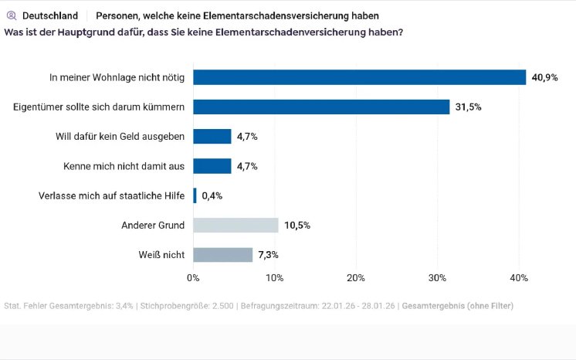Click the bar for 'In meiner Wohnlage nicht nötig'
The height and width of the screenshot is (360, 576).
tap(359, 77)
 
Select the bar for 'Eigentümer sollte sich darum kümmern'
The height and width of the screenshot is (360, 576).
tap(321, 107)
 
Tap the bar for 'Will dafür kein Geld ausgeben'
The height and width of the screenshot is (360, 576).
tap(212, 136)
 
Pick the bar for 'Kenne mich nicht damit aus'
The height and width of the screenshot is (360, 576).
tap(212, 166)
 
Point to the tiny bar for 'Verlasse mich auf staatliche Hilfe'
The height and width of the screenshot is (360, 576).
tap(195, 195)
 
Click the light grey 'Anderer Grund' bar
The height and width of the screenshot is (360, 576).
tap(235, 225)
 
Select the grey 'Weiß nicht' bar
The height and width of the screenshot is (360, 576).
tap(222, 255)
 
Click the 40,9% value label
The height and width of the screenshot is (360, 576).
tap(544, 77)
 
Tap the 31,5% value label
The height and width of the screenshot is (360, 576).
tap(469, 107)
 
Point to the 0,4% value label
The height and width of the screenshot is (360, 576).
tap(212, 195)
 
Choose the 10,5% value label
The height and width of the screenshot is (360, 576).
tap(297, 225)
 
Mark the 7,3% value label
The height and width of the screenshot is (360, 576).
tap(269, 255)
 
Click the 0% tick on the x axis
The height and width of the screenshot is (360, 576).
tap(193, 277)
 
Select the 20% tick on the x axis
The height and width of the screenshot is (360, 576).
tap(356, 277)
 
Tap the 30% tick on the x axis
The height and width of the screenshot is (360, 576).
tap(437, 277)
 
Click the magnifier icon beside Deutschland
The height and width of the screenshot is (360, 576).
tap(11, 15)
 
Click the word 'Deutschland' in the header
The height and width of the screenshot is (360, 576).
tap(50, 15)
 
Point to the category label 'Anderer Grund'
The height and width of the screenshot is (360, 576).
tap(153, 225)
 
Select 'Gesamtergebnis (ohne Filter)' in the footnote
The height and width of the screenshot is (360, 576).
tap(457, 306)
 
